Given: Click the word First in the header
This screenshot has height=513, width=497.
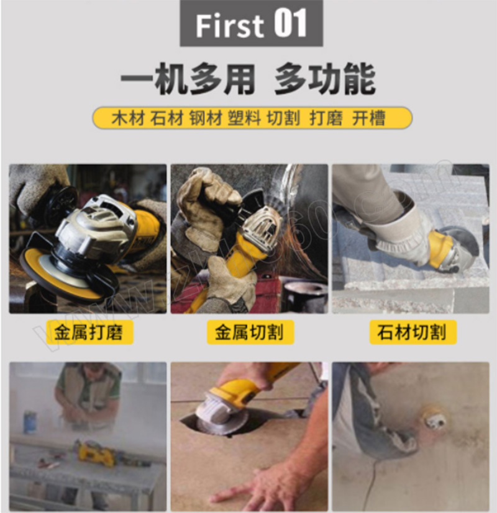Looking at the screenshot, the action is tap(230, 25).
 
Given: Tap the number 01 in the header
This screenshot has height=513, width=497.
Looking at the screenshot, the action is tap(291, 23).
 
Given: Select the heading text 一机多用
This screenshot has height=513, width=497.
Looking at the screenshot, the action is tap(188, 79).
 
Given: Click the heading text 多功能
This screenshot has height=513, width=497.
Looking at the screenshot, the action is tap(325, 79).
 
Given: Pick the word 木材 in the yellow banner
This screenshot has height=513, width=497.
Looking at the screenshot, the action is tap(128, 118).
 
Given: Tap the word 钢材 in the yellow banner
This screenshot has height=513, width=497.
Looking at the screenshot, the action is tap(206, 118).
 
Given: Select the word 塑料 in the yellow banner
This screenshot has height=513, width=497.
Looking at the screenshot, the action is tap(244, 118).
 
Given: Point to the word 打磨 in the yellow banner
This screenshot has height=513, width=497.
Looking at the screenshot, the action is tap(326, 118).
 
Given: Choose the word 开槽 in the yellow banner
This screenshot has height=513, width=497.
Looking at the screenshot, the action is tap(368, 118).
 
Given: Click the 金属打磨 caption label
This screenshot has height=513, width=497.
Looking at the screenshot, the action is tap(88, 332).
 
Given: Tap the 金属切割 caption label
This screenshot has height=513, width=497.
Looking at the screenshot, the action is tap(250, 332).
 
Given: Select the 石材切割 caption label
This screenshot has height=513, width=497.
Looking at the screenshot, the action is tap(412, 332).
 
